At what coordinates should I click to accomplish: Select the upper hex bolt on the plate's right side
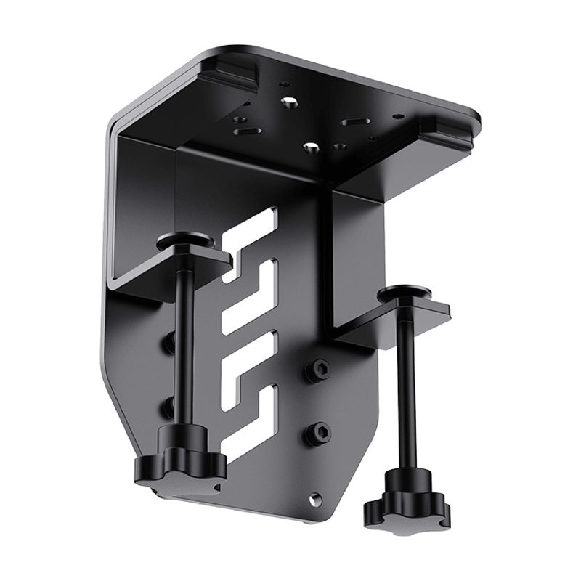(x=318, y=370)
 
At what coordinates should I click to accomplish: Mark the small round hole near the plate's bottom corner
(x=314, y=500)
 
